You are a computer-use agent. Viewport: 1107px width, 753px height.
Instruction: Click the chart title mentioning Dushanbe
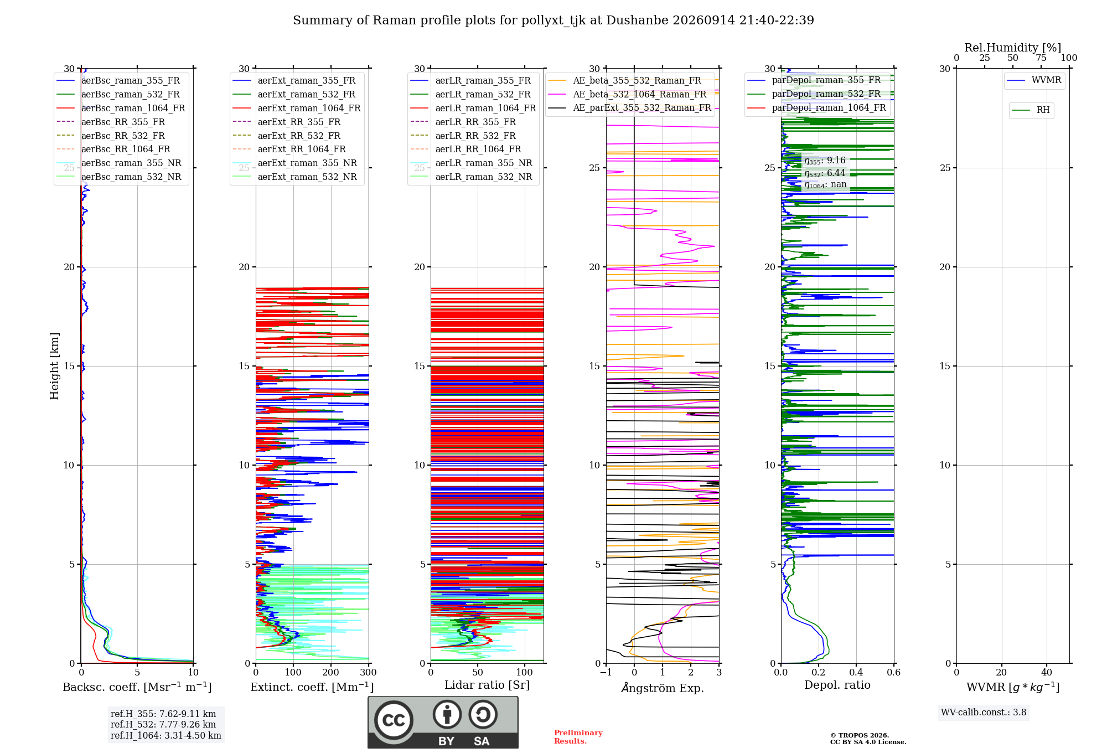click(x=553, y=20)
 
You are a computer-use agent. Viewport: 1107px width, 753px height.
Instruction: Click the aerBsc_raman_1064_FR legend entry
click(x=121, y=108)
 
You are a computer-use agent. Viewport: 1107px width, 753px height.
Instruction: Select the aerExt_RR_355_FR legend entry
click(x=287, y=122)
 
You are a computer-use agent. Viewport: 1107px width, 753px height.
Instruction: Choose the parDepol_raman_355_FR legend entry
click(x=814, y=80)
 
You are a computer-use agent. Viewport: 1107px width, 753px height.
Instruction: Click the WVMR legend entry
click(x=1034, y=80)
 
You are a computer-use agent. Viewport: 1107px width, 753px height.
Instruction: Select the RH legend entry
click(x=1031, y=110)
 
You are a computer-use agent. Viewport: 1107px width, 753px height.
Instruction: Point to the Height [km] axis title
click(x=54, y=366)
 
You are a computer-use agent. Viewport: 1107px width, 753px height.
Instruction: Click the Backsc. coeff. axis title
click(x=137, y=687)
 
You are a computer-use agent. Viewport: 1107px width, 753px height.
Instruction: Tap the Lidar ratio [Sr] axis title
click(x=487, y=685)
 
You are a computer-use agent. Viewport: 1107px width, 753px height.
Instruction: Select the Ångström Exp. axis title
click(x=663, y=688)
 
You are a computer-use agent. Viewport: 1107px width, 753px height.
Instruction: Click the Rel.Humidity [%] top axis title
click(x=1013, y=48)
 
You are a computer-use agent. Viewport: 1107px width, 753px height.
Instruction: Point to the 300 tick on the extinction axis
click(x=368, y=672)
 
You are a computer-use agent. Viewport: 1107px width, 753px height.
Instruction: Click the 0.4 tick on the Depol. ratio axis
click(x=856, y=672)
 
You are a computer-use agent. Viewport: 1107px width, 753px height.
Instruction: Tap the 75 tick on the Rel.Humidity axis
click(x=1041, y=58)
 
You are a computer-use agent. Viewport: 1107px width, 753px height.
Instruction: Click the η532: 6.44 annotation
click(x=825, y=173)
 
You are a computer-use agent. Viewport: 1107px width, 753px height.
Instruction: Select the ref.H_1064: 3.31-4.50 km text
click(x=166, y=736)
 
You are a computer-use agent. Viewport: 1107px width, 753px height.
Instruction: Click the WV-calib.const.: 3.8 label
click(x=984, y=713)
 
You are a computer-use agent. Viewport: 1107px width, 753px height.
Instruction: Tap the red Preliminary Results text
click(x=578, y=737)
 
